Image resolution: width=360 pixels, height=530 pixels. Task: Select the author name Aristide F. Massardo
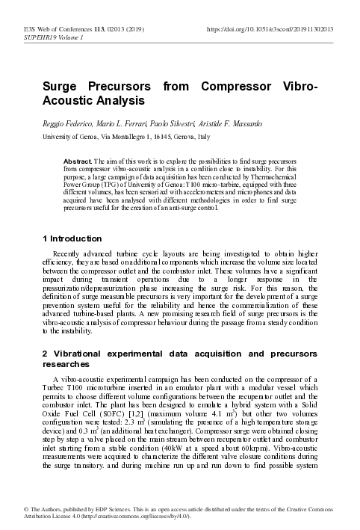coord(220,122)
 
